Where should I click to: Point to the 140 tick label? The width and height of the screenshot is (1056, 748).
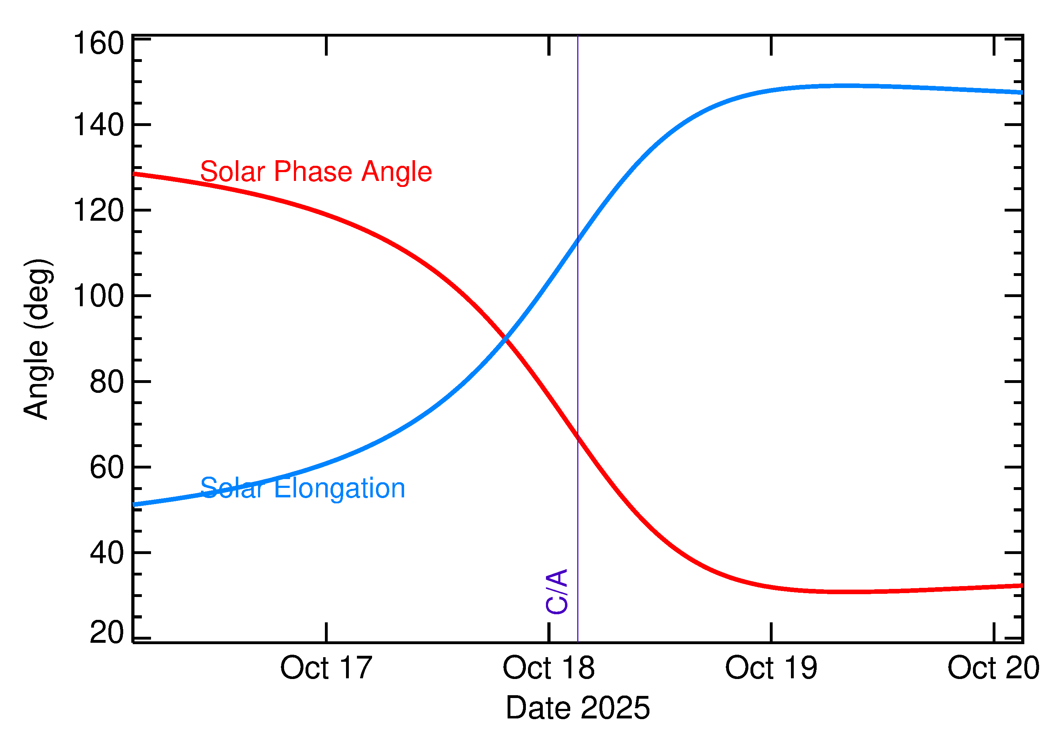coord(99,125)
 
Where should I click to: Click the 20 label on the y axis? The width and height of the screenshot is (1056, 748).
coord(107,633)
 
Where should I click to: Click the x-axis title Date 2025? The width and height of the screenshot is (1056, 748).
coord(578,708)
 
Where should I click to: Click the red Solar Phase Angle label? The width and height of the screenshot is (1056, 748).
coord(316,172)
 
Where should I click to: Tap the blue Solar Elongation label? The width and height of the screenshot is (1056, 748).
coord(303,488)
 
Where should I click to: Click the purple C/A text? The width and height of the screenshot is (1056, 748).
coord(557,592)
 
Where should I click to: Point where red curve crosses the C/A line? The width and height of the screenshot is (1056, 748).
coord(578,436)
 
